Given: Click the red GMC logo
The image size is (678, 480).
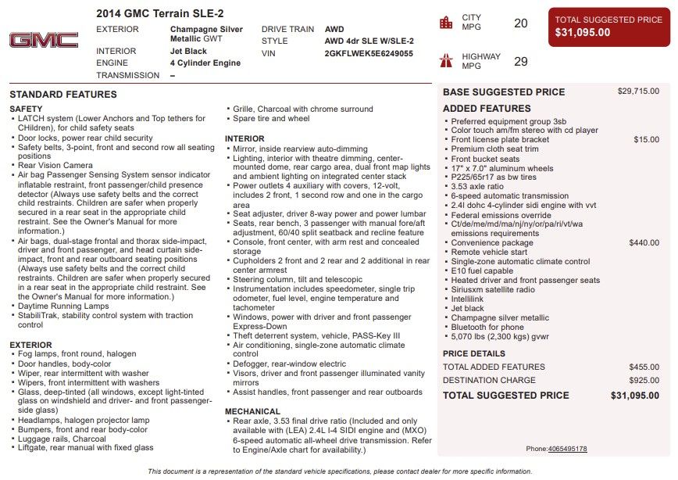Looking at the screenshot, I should click(44, 41).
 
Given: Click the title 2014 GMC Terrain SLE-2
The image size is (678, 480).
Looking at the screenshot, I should click(159, 13).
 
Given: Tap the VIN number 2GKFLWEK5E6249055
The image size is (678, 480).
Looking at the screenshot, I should click(369, 54).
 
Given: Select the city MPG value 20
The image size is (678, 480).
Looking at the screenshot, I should click(520, 23).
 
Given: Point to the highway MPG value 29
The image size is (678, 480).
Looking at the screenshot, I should click(520, 62).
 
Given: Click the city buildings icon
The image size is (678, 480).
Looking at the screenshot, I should click(446, 23).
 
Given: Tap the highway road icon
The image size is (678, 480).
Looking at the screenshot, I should click(446, 60).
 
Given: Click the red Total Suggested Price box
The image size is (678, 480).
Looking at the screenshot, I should click(608, 27).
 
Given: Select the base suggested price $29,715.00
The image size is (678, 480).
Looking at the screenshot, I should click(638, 91).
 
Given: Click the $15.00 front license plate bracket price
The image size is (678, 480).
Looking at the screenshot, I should click(646, 139).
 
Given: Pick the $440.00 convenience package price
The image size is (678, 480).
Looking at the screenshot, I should click(644, 243).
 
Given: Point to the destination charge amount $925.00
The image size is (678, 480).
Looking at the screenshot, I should click(644, 381).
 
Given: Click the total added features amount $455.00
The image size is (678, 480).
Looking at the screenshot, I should click(644, 367).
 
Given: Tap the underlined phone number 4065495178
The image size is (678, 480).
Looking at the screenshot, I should click(567, 449).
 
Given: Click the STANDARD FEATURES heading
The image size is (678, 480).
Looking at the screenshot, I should click(63, 95).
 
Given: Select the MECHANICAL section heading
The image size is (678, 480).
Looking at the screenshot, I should click(252, 411).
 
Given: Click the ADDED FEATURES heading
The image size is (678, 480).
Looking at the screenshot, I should click(487, 109).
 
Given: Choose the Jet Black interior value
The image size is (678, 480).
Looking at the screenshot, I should click(188, 51).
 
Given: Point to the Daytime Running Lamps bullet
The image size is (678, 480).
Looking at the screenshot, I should click(63, 306).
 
